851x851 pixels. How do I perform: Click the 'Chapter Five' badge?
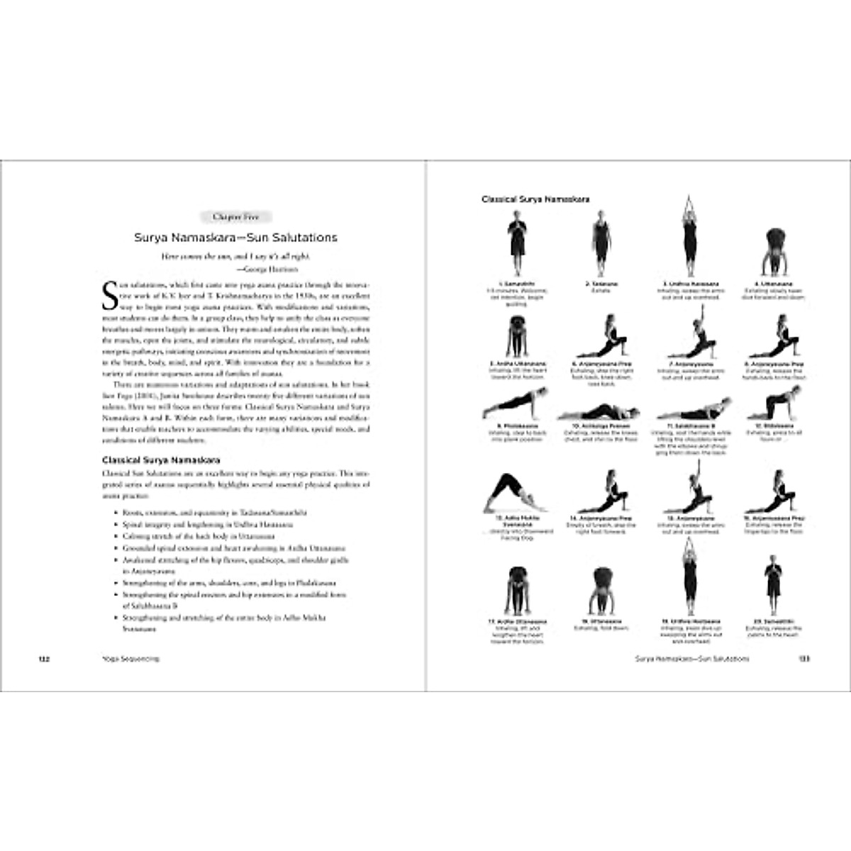pyautogui.click(x=235, y=217)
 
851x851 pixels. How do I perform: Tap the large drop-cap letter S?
pyautogui.click(x=110, y=296)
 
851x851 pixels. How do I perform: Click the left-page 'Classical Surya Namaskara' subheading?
pyautogui.click(x=161, y=460)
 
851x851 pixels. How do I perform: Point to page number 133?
pyautogui.click(x=804, y=659)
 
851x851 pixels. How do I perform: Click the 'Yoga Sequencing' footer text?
pyautogui.click(x=130, y=659)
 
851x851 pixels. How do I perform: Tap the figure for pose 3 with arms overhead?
pyautogui.click(x=686, y=237)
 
